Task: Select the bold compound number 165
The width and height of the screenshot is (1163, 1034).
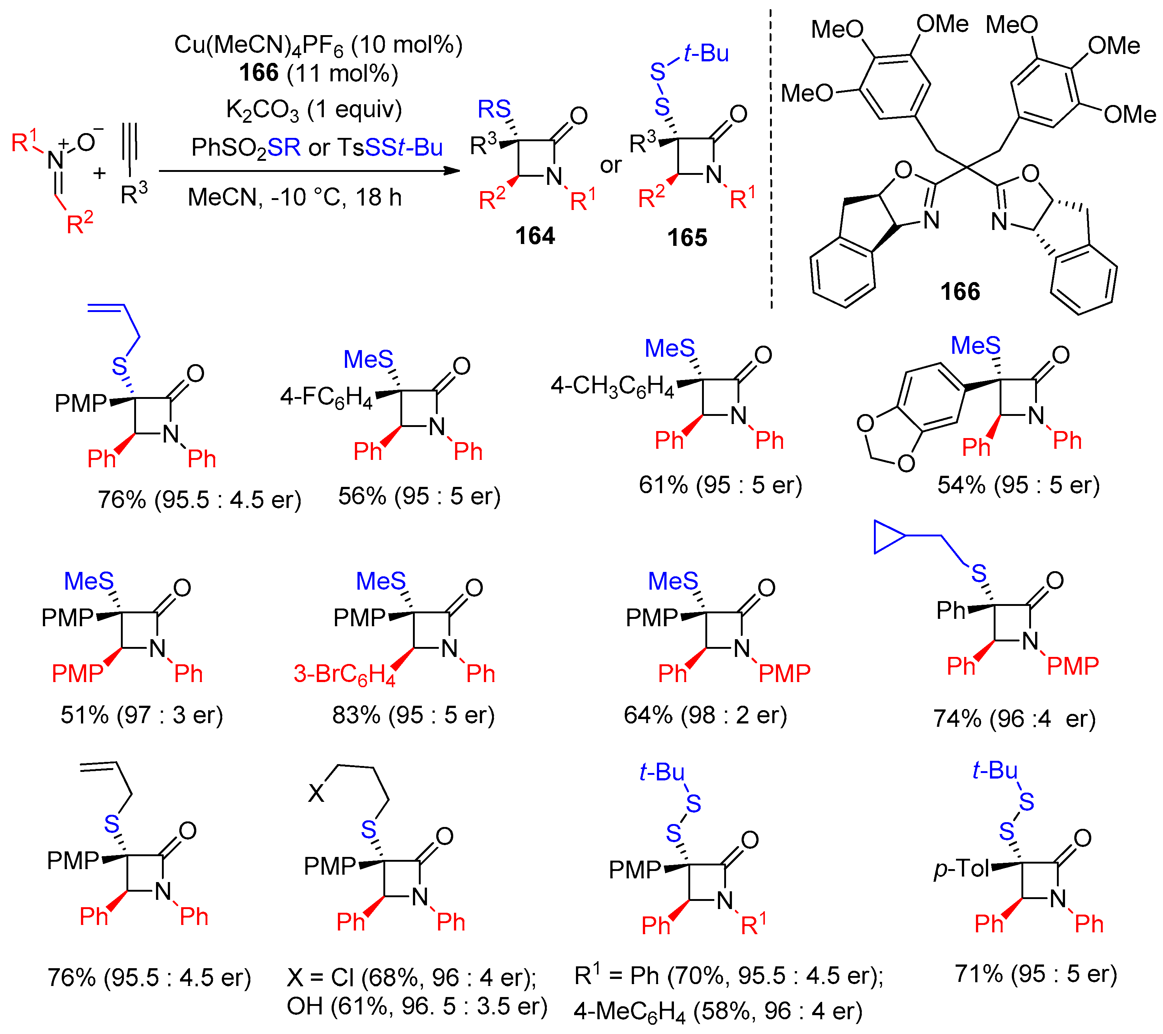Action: point(687,237)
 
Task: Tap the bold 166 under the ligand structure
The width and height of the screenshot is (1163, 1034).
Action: point(960,291)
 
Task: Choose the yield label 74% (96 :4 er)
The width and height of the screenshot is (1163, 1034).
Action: point(1014,718)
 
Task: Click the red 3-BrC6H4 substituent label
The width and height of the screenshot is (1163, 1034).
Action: point(344,674)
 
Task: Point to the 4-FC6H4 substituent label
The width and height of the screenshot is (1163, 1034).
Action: point(326,397)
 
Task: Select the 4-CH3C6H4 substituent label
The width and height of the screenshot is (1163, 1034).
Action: point(612,386)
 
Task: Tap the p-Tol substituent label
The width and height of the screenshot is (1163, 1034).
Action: point(961,868)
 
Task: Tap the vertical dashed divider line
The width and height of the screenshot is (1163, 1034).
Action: point(771,159)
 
